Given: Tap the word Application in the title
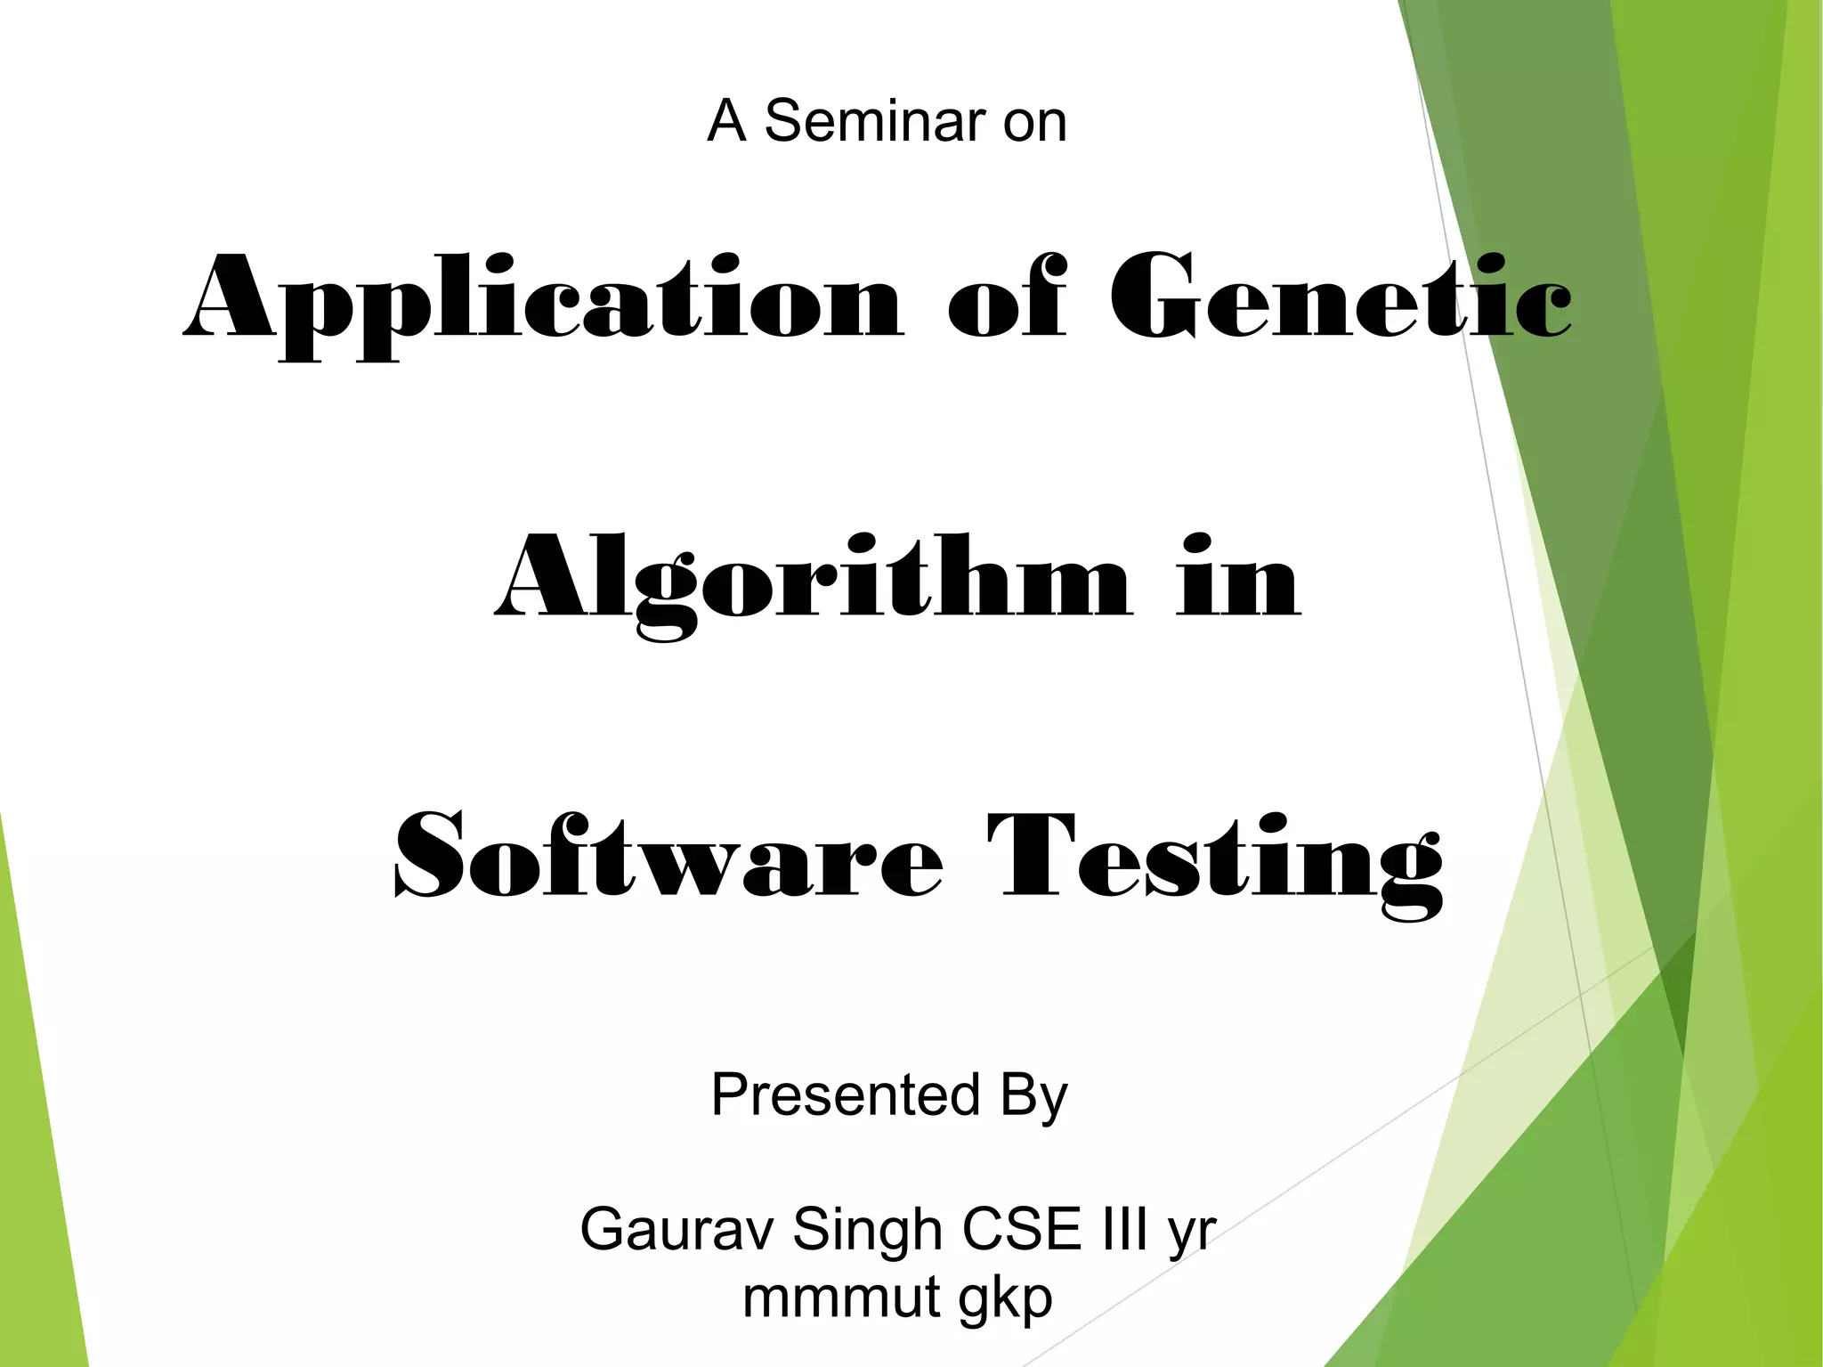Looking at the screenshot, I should (x=543, y=298).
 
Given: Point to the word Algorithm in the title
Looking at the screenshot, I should (x=814, y=579).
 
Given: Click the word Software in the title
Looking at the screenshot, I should (x=668, y=857).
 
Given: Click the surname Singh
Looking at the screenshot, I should (x=866, y=1230).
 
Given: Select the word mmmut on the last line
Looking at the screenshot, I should (x=841, y=1298).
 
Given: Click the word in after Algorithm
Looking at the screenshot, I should (x=1238, y=579).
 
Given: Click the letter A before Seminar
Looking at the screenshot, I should (x=726, y=121).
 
